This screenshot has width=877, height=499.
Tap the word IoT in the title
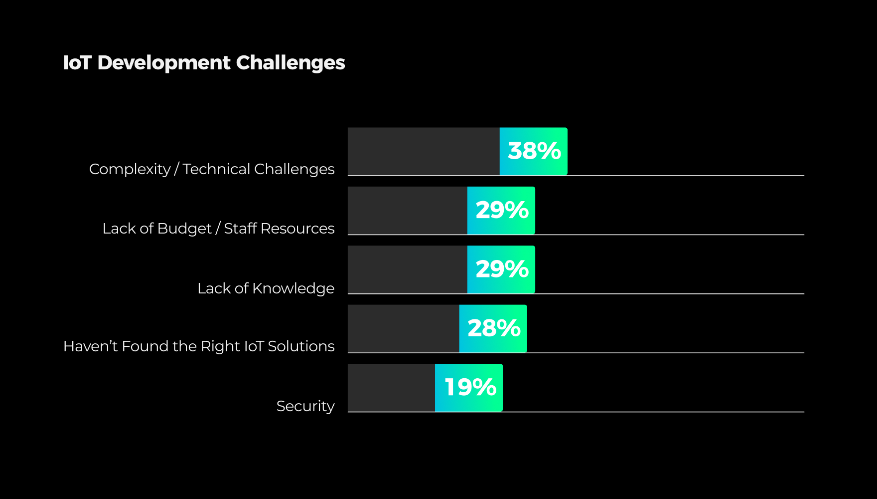pos(77,63)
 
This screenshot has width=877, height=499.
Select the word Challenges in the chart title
pos(290,63)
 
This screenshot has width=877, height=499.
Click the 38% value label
pos(534,151)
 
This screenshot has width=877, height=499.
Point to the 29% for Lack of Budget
pos(502,210)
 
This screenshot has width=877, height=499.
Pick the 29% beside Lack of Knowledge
pos(502,269)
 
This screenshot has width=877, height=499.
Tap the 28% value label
pos(493,328)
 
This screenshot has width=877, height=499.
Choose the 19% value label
pos(469,388)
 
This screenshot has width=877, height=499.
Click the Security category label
pos(305,406)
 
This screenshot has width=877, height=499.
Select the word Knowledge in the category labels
pos(293,288)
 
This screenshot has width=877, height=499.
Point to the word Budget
pos(184,229)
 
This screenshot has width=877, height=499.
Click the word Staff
pos(240,229)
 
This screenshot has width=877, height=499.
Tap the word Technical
pos(216,169)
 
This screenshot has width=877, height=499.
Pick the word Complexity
pos(130,170)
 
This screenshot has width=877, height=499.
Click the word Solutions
pos(301,346)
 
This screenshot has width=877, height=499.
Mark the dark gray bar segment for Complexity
pos(424,151)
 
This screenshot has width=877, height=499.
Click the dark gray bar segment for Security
pos(391,388)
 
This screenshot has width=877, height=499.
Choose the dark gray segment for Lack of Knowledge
pos(407,269)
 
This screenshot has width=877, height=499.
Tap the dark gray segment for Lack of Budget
pos(407,210)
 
